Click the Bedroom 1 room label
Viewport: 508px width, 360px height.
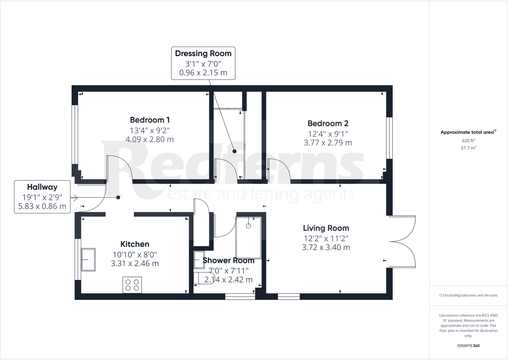click(x=150, y=120)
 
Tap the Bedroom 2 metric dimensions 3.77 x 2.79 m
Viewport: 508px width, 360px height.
click(x=328, y=143)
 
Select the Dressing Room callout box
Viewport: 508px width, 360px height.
click(x=203, y=63)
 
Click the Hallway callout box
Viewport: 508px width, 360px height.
click(x=42, y=197)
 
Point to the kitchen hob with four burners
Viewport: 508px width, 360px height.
click(x=132, y=285)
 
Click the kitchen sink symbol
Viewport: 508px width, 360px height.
click(x=88, y=260)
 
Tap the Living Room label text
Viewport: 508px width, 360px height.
click(x=326, y=228)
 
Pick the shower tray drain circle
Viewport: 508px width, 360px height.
click(x=249, y=226)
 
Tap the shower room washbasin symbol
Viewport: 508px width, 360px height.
click(x=199, y=260)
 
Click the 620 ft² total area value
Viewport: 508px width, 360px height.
click(x=468, y=141)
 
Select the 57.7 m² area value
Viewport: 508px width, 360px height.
click(x=468, y=148)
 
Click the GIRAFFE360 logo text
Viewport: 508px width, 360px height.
click(x=468, y=346)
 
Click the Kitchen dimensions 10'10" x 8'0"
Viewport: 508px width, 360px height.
click(x=135, y=255)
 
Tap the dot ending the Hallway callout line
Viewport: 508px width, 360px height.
click(x=118, y=197)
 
